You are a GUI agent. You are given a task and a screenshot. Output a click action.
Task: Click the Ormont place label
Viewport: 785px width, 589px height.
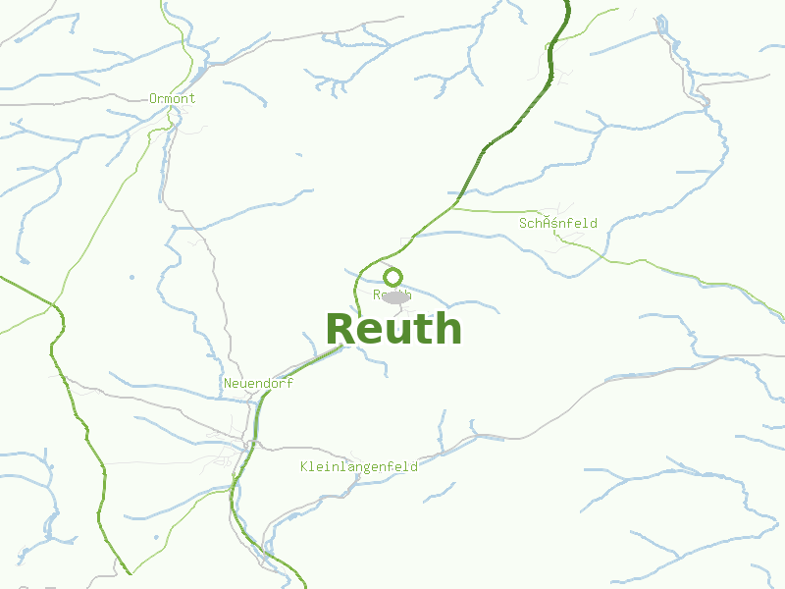172,98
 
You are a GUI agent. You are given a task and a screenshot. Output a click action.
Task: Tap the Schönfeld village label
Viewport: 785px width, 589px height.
557,224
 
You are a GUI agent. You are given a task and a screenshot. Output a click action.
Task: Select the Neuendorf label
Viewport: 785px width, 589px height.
258,384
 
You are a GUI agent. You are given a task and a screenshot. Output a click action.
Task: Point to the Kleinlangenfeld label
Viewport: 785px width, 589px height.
359,467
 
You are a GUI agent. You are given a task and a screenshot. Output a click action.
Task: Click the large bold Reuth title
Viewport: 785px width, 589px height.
393,329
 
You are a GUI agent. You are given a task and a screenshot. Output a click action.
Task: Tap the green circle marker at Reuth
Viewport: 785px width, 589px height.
393,277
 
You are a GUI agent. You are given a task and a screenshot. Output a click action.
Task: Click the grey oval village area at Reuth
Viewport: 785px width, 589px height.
395,296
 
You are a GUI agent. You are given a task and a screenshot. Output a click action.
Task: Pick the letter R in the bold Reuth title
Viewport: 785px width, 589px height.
340,330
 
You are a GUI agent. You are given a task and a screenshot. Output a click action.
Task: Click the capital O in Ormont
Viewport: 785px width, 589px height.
153,98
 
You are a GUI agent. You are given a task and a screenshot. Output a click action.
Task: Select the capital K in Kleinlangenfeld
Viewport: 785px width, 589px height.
304,467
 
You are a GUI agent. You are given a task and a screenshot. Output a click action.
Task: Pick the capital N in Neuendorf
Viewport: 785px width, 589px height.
228,384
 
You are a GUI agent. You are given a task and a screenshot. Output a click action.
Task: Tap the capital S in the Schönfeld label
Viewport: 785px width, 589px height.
523,224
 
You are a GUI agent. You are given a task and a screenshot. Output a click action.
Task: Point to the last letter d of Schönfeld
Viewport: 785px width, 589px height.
593,224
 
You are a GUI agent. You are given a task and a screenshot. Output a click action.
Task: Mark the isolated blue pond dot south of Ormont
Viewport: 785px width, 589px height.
131,278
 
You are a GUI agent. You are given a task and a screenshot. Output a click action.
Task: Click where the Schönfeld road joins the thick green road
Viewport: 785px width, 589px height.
450,208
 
